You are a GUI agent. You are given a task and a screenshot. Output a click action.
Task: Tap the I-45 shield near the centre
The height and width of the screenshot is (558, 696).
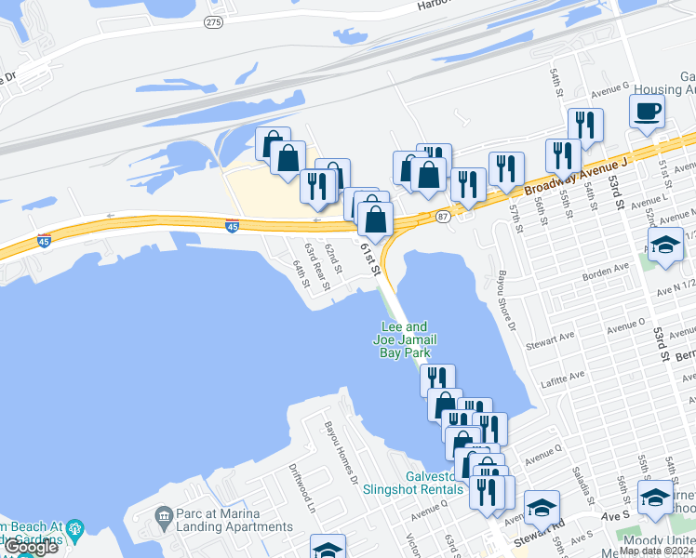[x=232, y=225]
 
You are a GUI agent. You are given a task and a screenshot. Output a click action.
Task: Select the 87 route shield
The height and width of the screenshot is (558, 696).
[x=443, y=217]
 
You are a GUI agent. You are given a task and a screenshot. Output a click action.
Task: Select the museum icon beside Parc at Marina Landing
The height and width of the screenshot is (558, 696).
[x=164, y=514]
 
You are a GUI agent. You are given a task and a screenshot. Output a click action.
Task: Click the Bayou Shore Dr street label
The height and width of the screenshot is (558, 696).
[x=506, y=300]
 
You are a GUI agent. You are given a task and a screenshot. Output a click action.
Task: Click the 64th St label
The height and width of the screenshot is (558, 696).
[x=300, y=273]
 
